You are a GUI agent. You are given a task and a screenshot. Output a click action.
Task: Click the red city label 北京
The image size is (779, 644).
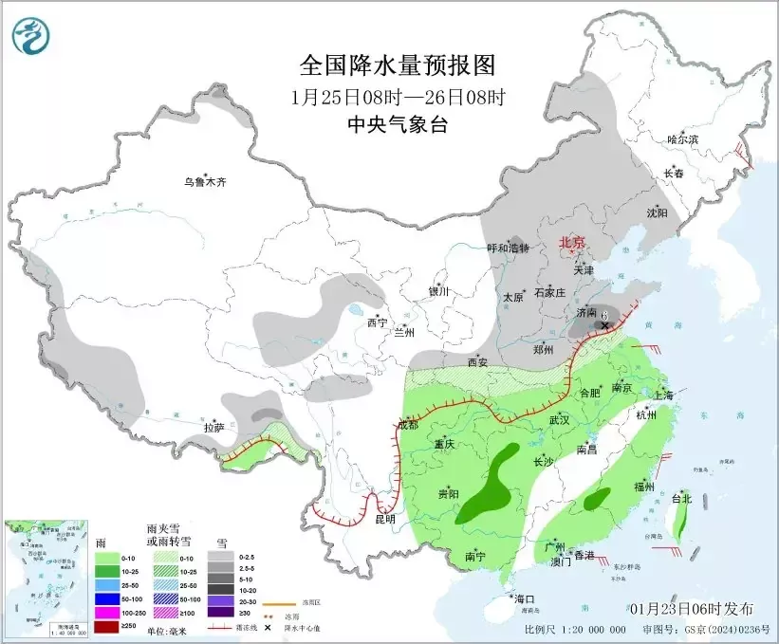573,242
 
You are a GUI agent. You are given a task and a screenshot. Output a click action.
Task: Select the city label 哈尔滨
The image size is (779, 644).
681,139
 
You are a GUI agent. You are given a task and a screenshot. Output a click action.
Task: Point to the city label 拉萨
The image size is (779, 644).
213,428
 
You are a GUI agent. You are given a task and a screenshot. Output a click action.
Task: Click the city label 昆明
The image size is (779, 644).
384,520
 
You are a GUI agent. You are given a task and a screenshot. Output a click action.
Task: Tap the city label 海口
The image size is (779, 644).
525,598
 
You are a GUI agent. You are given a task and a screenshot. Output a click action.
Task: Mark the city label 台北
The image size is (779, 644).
681,498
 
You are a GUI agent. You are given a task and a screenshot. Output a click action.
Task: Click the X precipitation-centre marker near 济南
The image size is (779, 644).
605,325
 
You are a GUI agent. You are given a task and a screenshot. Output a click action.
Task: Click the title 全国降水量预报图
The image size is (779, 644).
398,65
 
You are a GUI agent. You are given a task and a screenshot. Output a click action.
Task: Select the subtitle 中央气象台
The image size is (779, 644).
398,125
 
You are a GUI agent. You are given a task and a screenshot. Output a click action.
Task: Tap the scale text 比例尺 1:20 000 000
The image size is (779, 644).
574,629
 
